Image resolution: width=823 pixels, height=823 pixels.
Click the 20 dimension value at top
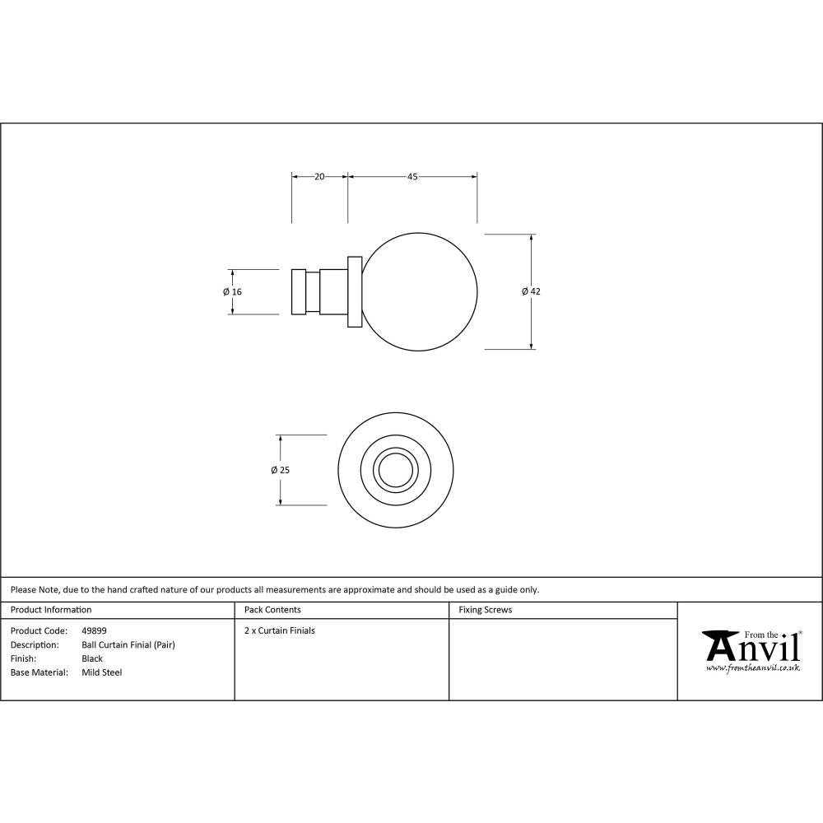[319, 176]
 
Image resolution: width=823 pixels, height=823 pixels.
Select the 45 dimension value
[412, 176]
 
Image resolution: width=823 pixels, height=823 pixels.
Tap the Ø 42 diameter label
[531, 291]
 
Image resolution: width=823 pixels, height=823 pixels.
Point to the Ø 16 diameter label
[232, 292]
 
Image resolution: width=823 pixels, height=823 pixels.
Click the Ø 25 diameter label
[280, 470]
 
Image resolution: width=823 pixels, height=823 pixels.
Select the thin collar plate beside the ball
[355, 292]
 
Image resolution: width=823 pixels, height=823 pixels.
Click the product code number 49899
[94, 631]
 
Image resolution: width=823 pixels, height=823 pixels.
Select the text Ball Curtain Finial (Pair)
[128, 645]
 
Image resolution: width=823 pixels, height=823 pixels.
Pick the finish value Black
[92, 658]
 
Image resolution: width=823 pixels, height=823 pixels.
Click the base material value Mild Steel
[102, 672]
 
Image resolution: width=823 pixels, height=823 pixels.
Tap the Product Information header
[51, 610]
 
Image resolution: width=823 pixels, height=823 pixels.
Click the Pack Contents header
[272, 610]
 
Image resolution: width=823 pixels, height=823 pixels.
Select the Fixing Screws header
[485, 610]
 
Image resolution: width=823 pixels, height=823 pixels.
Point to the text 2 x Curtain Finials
[280, 631]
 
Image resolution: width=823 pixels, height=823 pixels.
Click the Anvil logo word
[753, 649]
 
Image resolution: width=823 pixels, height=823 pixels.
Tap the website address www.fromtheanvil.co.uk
[753, 668]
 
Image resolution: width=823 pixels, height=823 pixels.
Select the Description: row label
[35, 645]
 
